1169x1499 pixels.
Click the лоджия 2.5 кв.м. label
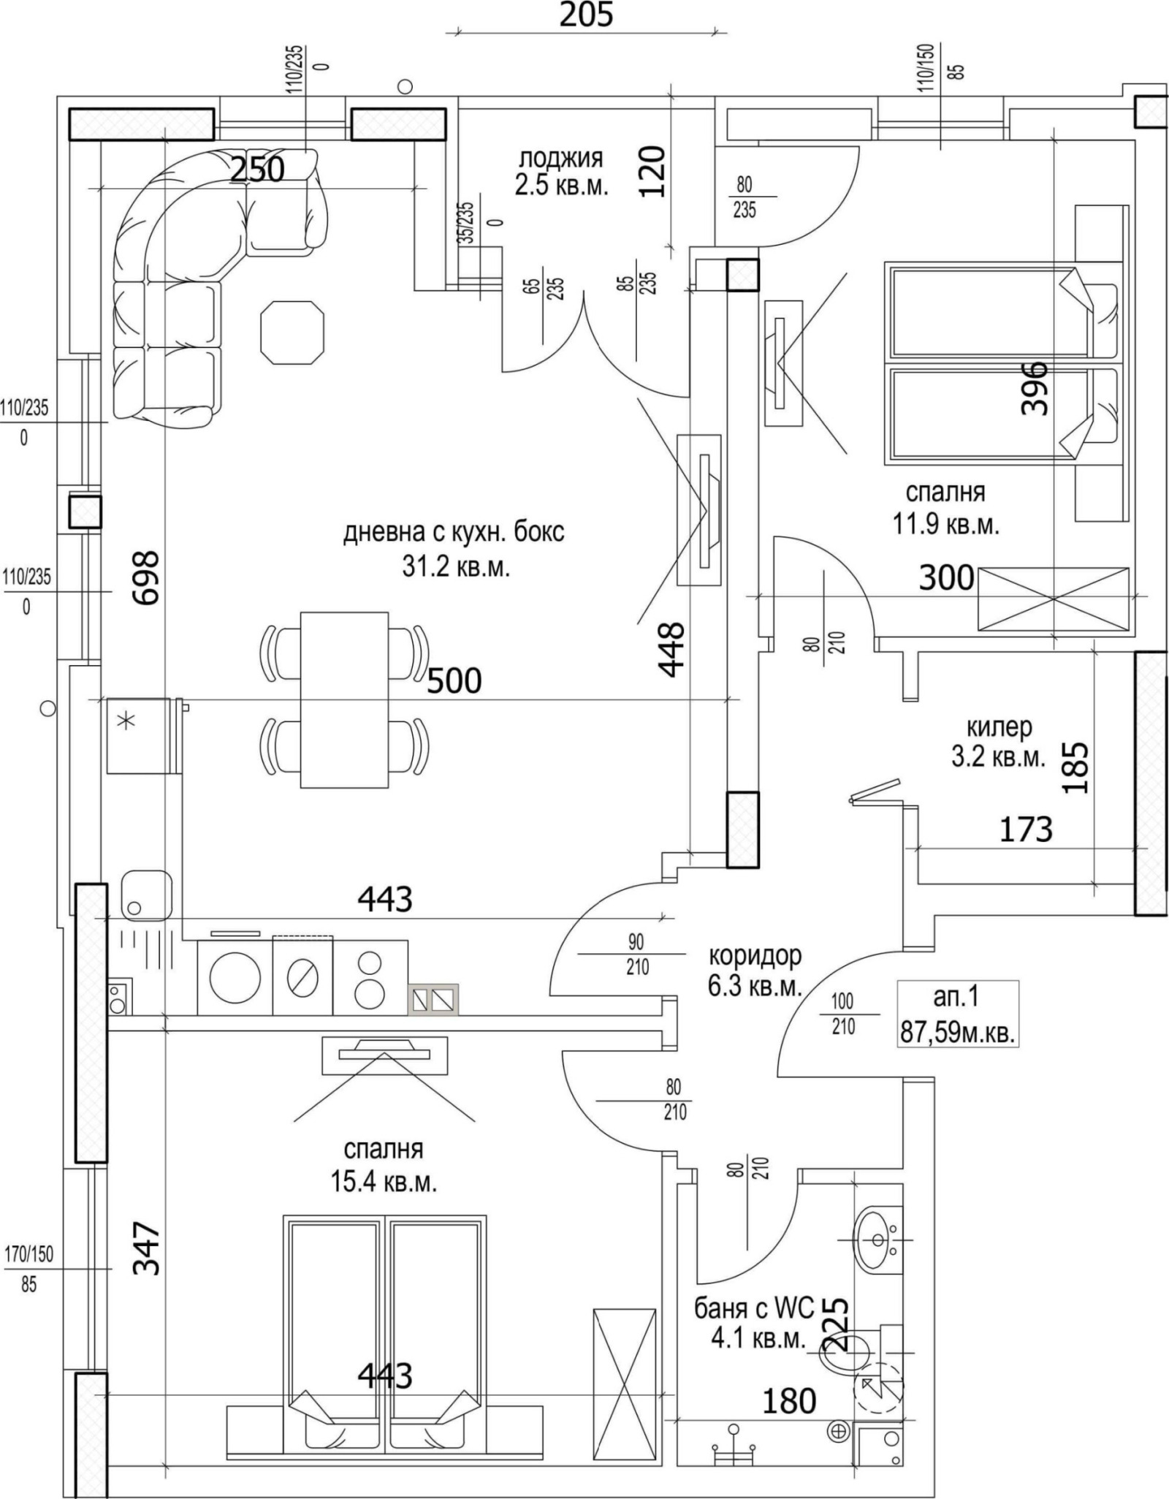click(x=560, y=172)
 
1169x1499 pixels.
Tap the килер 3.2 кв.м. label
click(x=998, y=742)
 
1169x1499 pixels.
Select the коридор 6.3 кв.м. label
click(x=755, y=971)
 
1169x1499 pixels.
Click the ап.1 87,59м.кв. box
click(x=957, y=1014)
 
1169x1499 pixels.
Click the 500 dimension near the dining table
click(x=454, y=680)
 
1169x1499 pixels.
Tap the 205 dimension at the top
click(x=586, y=15)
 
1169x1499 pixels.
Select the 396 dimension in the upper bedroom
click(x=1035, y=387)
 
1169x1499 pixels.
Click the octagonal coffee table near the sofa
click(x=292, y=333)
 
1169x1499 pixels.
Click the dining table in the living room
click(x=344, y=699)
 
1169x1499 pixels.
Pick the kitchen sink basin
click(x=145, y=895)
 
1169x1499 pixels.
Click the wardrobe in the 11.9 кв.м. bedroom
click(x=1053, y=599)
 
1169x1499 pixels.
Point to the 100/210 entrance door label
click(x=842, y=1014)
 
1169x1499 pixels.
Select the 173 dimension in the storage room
click(x=1025, y=830)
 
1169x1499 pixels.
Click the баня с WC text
click(x=753, y=1308)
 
